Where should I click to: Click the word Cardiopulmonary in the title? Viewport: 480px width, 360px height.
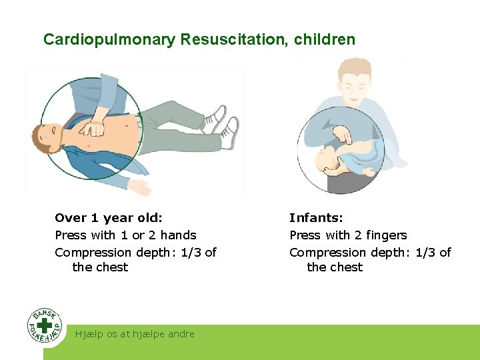click(109, 39)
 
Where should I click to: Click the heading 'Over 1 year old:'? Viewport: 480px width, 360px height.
click(109, 218)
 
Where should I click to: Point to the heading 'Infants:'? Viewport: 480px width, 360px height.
click(316, 218)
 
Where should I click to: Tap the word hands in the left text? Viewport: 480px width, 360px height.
click(178, 235)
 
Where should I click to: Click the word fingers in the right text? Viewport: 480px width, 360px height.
click(386, 235)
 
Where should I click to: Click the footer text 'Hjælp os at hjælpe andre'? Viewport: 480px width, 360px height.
click(135, 334)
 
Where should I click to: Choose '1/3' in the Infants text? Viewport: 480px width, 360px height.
click(425, 253)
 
